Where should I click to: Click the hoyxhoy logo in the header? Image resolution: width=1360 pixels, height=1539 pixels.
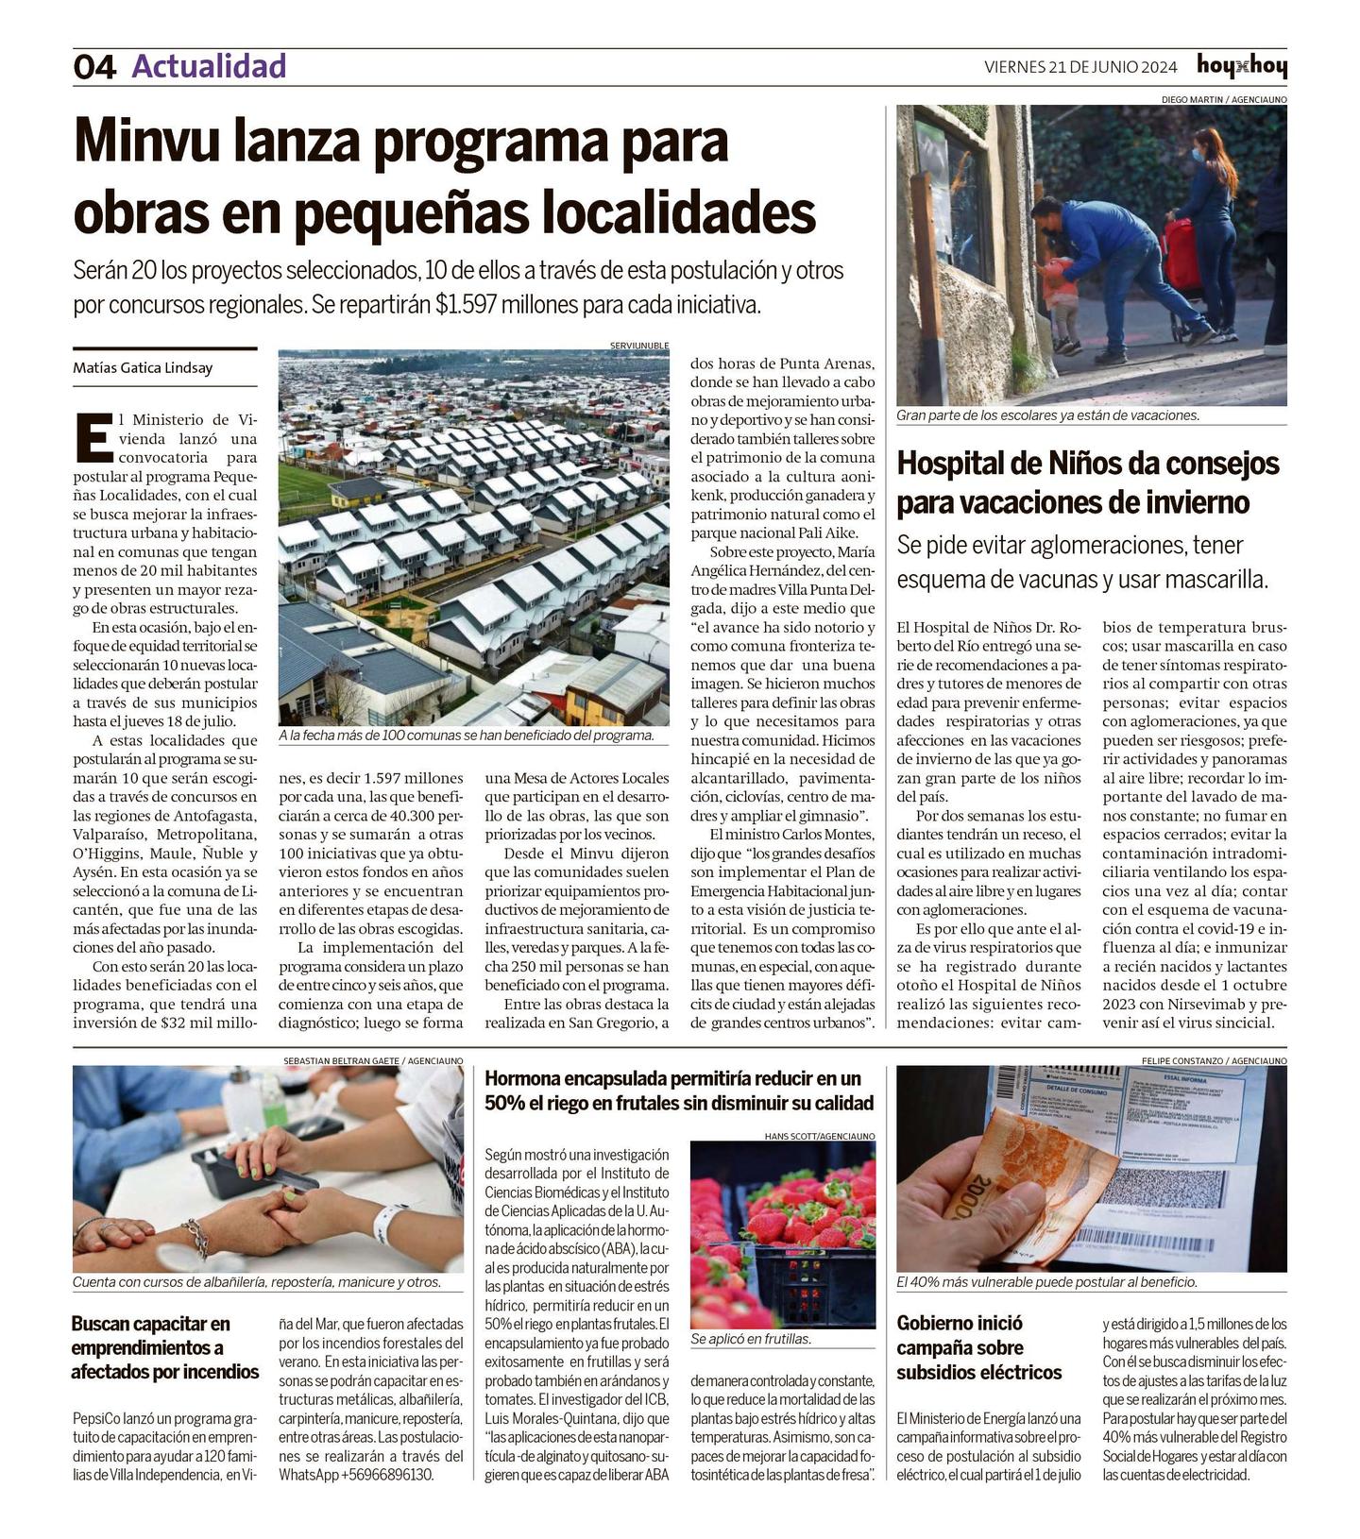(x=1241, y=66)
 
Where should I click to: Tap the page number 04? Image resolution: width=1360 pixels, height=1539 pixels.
(x=94, y=67)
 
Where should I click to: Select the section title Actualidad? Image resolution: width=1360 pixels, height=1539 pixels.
(x=209, y=66)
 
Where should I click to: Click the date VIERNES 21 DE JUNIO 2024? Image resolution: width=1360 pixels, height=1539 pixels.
(x=1080, y=67)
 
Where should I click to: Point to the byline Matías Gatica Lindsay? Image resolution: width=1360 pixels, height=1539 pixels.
(x=143, y=368)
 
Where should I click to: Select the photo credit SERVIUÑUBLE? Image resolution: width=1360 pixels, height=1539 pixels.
(x=639, y=346)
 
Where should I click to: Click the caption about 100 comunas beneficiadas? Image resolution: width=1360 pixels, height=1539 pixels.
(x=467, y=736)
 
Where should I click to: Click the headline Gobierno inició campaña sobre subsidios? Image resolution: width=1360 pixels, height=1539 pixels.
(x=979, y=1348)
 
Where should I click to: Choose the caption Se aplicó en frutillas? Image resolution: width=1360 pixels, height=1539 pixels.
(x=751, y=1339)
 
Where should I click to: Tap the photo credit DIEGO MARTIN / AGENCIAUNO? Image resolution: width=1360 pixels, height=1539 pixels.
(x=1223, y=99)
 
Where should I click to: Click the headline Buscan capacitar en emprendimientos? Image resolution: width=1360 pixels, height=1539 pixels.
(x=164, y=1348)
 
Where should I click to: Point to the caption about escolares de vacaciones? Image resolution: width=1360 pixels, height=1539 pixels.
(x=1047, y=415)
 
